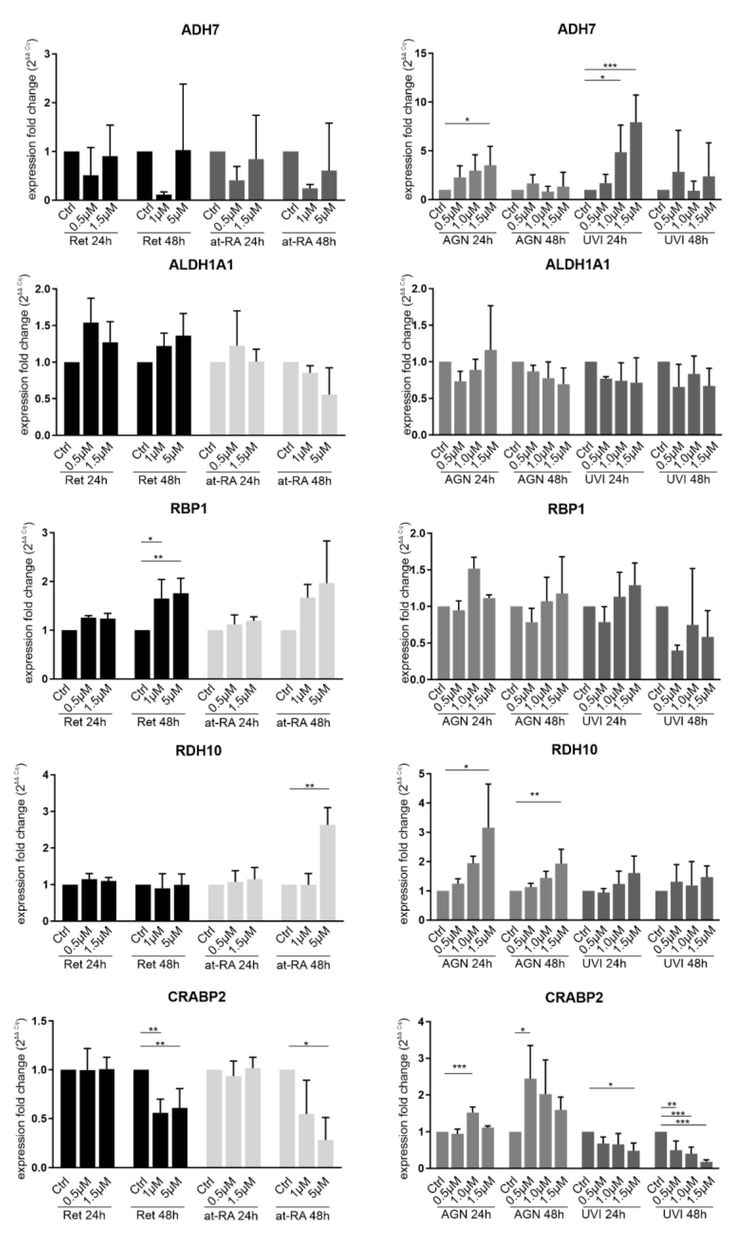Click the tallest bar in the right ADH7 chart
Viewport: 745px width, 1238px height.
pos(636,161)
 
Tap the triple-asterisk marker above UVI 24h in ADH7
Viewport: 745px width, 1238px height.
pos(610,65)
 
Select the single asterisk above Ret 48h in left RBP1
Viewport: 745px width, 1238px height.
pos(150,540)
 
